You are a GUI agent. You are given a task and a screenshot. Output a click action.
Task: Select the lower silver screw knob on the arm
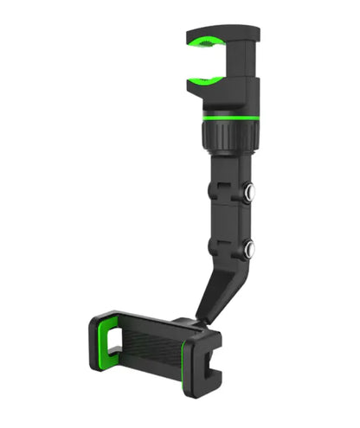click(249, 251)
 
